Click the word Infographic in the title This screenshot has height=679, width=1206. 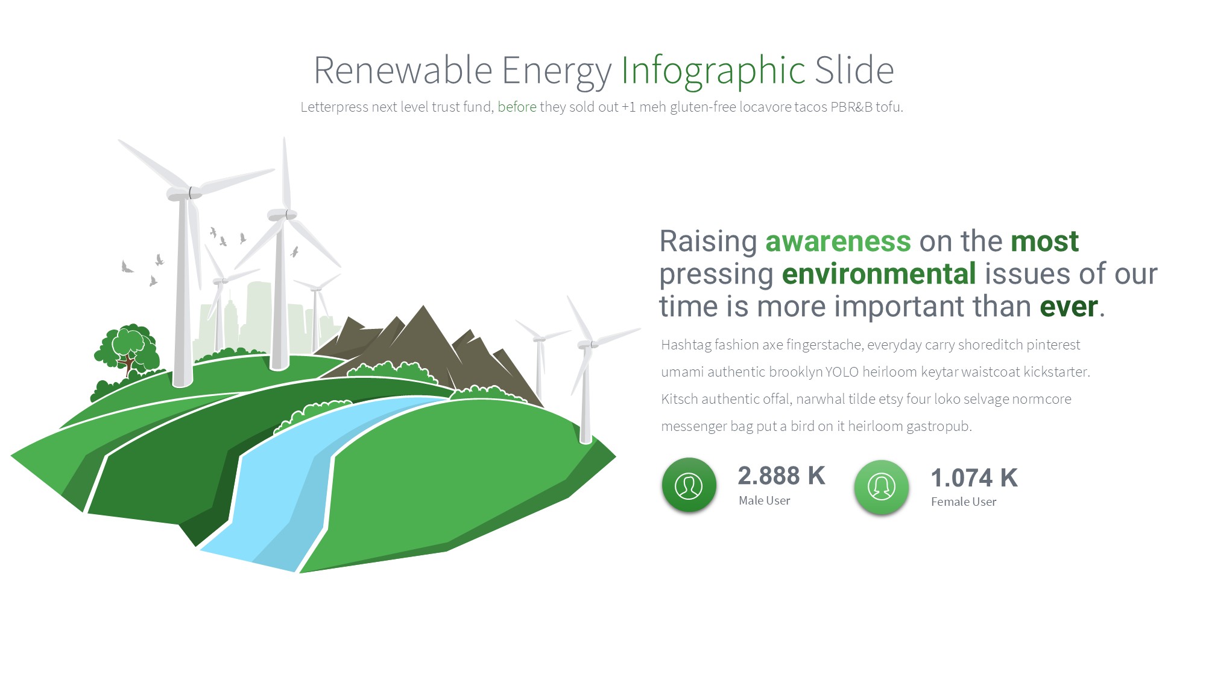[x=713, y=71]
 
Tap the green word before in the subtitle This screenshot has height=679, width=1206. [x=517, y=107]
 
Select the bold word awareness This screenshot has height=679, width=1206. [x=838, y=241]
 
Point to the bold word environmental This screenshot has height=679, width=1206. [x=879, y=274]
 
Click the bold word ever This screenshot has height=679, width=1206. [x=1069, y=307]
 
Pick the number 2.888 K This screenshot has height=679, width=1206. [x=781, y=476]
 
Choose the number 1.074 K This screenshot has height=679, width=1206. [x=974, y=478]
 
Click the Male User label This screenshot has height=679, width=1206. [x=764, y=500]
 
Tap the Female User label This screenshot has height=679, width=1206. [x=964, y=502]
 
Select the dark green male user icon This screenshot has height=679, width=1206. [x=689, y=485]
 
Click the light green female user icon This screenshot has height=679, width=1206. [x=881, y=487]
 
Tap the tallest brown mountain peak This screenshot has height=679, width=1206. [x=423, y=307]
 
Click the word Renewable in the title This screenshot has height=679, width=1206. [x=403, y=70]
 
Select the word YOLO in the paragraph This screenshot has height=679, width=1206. [x=842, y=372]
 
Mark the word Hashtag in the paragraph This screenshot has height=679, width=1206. [x=686, y=345]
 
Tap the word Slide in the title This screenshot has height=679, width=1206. [x=854, y=70]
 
